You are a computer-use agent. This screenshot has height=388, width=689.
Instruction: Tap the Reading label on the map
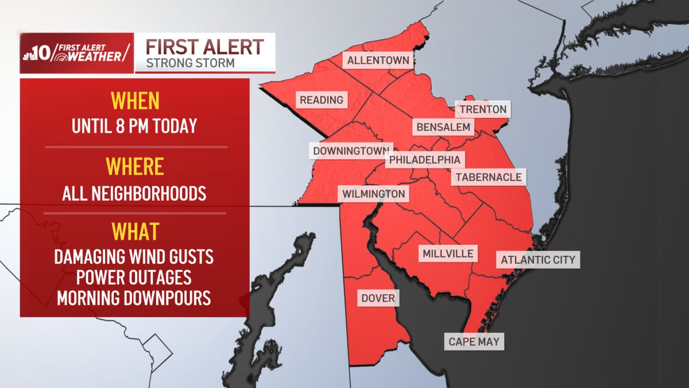click(322, 100)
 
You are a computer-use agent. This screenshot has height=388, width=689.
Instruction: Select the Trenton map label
click(483, 109)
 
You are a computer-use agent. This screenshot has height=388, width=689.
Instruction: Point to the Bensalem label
click(443, 127)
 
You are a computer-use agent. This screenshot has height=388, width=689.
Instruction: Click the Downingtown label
click(351, 152)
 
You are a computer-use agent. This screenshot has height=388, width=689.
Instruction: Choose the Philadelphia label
click(425, 160)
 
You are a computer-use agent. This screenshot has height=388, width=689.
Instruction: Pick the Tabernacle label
click(489, 177)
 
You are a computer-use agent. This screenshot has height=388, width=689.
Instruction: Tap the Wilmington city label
click(374, 194)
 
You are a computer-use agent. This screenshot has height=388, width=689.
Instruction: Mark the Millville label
click(448, 253)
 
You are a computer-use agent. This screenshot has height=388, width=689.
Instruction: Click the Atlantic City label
click(538, 260)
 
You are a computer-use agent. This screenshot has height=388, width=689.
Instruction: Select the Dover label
click(378, 298)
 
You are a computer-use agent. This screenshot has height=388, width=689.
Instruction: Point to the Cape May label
click(474, 342)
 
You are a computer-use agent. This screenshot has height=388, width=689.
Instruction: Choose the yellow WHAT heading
click(135, 231)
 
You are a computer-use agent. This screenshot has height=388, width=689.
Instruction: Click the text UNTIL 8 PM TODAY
click(134, 126)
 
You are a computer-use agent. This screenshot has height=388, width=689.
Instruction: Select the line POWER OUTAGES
click(134, 277)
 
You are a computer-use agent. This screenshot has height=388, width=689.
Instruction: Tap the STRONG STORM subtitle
click(190, 63)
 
